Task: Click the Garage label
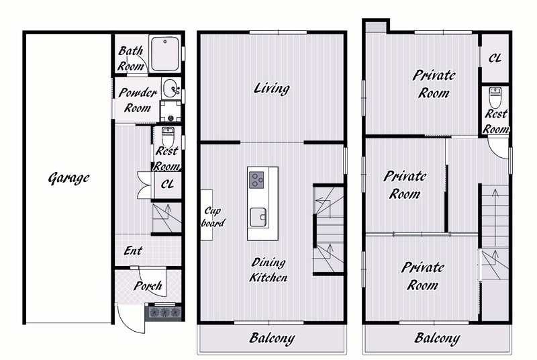pyautogui.click(x=69, y=178)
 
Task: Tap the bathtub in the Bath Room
pyautogui.click(x=164, y=54)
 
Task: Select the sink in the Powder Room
pyautogui.click(x=171, y=89)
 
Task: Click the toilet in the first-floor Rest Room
pyautogui.click(x=168, y=136)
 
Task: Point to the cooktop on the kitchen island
pyautogui.click(x=256, y=179)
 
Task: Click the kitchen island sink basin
pyautogui.click(x=258, y=217)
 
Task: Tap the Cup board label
pyautogui.click(x=213, y=217)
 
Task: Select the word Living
pyautogui.click(x=272, y=89)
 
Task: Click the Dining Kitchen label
pyautogui.click(x=268, y=270)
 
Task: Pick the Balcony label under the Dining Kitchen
pyautogui.click(x=272, y=338)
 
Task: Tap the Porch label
pyautogui.click(x=148, y=285)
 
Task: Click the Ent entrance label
pyautogui.click(x=133, y=251)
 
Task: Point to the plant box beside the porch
pyautogui.click(x=164, y=312)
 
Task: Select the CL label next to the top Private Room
pyautogui.click(x=495, y=58)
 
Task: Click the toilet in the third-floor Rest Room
pyautogui.click(x=495, y=97)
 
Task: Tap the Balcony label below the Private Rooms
pyautogui.click(x=438, y=338)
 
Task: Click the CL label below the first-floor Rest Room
pyautogui.click(x=167, y=184)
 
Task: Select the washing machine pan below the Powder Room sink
pyautogui.click(x=170, y=111)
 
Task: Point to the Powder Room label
pyautogui.click(x=138, y=100)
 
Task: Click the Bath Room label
pyautogui.click(x=130, y=58)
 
